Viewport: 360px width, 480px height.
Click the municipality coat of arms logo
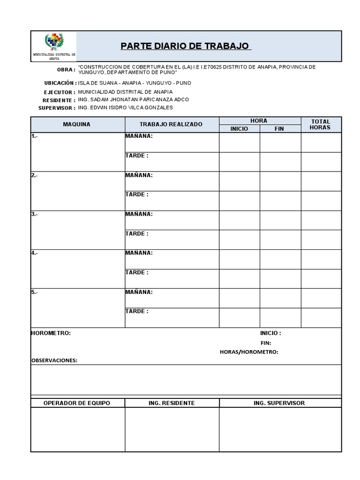[53, 42]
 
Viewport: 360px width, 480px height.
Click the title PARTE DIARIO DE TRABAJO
[185, 46]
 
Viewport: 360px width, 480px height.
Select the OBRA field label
[66, 70]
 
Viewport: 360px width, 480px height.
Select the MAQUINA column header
[77, 124]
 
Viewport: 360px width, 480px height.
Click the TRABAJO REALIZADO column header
[171, 124]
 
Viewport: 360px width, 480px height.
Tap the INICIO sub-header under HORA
[239, 128]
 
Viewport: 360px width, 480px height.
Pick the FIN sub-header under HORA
[279, 128]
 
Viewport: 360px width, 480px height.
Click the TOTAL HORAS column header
[321, 124]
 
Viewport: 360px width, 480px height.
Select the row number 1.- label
[35, 136]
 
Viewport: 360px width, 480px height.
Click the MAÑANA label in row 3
[139, 214]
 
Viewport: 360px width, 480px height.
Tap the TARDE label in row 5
[137, 311]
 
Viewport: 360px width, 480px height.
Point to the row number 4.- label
[35, 253]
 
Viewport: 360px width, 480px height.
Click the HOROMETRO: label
[51, 333]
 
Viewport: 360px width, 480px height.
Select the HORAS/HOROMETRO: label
[249, 352]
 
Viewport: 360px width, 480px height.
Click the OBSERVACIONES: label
[54, 360]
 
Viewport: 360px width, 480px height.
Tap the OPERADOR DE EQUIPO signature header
[77, 403]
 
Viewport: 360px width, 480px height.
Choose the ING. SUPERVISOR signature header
[280, 403]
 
